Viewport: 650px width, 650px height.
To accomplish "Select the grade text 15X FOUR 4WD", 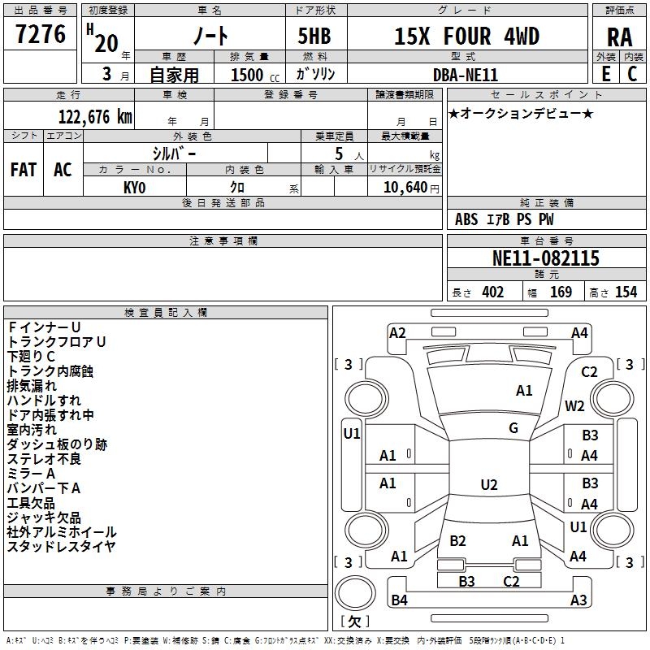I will coord(466,37).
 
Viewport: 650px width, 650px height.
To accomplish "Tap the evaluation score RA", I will coord(619,37).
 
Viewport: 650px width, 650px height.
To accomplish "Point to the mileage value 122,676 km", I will coord(95,116).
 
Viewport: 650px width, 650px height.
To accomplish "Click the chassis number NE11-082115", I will coord(546,258).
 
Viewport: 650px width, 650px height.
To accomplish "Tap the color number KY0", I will coord(134,187).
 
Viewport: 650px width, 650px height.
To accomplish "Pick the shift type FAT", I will coord(24,170).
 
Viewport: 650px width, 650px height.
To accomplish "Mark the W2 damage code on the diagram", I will coord(575,405).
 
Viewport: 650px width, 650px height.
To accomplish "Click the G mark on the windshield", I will coord(513,428).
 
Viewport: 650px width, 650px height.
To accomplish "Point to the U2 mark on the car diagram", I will coord(488,485).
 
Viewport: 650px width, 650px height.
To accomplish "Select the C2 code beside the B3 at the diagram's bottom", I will coord(511,581).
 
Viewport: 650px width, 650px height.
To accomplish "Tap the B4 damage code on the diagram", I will coord(399,600).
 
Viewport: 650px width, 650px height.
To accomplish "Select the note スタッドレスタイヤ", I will coord(61,547).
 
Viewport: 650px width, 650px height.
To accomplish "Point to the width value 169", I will coord(561,292).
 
